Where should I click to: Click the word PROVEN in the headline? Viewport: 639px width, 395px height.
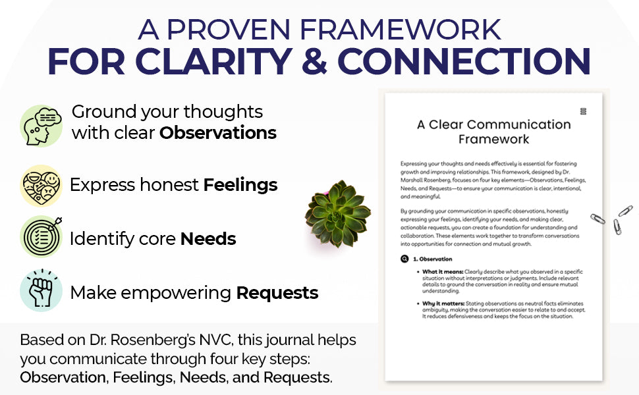pyautogui.click(x=228, y=30)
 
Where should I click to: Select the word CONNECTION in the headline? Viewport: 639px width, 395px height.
pyautogui.click(x=464, y=61)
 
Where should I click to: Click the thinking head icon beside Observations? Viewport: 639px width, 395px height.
pyautogui.click(x=41, y=126)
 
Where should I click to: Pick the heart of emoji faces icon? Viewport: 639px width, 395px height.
pyautogui.click(x=41, y=186)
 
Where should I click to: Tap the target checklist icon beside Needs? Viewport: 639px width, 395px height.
pyautogui.click(x=41, y=236)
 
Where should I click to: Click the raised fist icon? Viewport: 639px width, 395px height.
pyautogui.click(x=41, y=290)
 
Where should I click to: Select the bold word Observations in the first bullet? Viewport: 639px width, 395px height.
pyautogui.click(x=218, y=133)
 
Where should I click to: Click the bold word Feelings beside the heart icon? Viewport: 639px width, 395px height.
pyautogui.click(x=240, y=185)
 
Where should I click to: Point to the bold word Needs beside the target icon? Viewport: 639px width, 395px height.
pyautogui.click(x=208, y=239)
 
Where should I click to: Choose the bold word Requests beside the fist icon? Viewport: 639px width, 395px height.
pyautogui.click(x=277, y=293)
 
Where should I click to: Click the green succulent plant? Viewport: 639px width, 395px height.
pyautogui.click(x=338, y=213)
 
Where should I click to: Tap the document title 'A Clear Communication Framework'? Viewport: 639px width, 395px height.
pyautogui.click(x=494, y=132)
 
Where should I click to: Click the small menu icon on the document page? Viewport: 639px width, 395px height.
pyautogui.click(x=583, y=111)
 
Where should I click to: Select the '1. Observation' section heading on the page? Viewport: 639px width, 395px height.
pyautogui.click(x=432, y=259)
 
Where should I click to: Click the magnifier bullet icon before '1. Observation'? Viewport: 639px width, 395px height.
pyautogui.click(x=404, y=259)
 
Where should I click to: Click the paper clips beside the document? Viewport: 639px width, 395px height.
pyautogui.click(x=612, y=221)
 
